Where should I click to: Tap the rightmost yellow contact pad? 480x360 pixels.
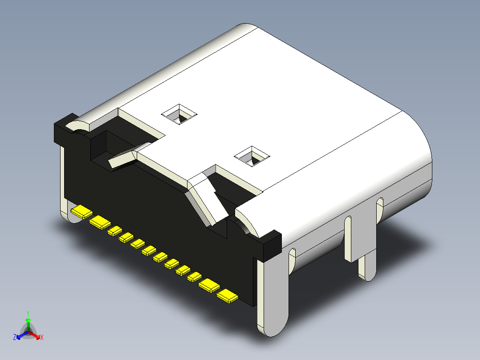pos(227,296)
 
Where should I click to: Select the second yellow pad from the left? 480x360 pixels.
pos(100,222)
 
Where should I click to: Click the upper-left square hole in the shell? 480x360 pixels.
pos(179,115)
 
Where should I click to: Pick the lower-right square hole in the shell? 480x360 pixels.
pos(252,156)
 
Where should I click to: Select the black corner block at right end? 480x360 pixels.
pos(270,245)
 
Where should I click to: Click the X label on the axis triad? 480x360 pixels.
pos(42,338)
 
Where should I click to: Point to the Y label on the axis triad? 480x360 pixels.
pos(28,313)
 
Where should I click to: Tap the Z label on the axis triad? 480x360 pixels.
pos(15,338)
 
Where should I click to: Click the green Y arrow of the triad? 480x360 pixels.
pos(28,323)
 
